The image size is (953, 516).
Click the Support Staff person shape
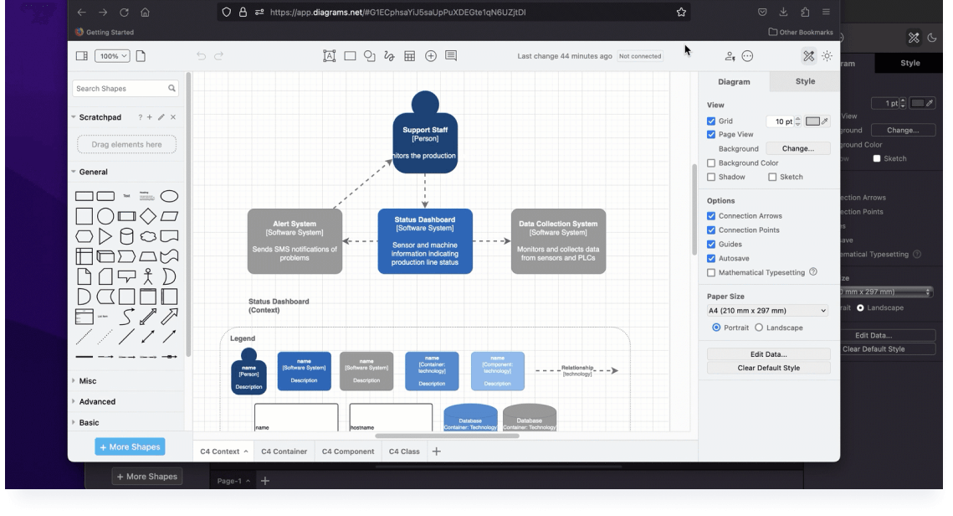click(x=425, y=138)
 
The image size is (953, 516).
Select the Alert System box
click(x=295, y=241)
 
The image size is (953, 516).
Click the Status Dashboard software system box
click(x=425, y=241)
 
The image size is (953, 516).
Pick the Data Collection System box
click(x=558, y=241)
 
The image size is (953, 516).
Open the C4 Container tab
click(x=284, y=451)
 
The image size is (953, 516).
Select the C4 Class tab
click(x=404, y=451)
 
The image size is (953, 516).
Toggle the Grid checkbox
click(x=711, y=121)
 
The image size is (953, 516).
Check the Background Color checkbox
click(x=711, y=163)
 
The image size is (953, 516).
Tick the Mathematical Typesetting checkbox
click(x=711, y=273)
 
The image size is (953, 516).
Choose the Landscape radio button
click(x=759, y=328)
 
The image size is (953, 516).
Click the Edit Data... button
click(x=768, y=354)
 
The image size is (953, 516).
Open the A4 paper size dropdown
click(x=767, y=311)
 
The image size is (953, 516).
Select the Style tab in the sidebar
click(x=805, y=81)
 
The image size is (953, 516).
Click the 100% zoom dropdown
click(x=112, y=56)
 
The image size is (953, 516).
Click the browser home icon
click(x=146, y=13)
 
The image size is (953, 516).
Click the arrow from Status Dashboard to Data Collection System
click(x=492, y=241)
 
